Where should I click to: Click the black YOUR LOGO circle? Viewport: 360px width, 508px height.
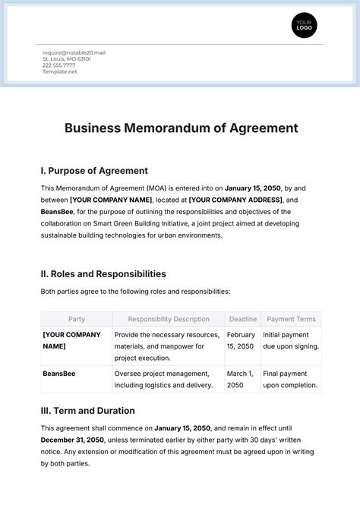tap(304, 26)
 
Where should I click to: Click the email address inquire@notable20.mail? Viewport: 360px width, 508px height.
tap(74, 52)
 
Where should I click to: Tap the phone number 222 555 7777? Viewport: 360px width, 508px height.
tap(58, 65)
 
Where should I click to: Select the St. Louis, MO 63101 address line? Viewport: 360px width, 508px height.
tap(67, 58)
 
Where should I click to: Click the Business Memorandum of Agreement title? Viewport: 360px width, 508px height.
tap(181, 128)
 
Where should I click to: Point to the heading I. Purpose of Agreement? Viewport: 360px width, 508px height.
tap(94, 171)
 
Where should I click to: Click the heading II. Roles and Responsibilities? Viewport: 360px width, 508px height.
tap(103, 273)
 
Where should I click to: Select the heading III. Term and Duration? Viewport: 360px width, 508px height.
tap(87, 411)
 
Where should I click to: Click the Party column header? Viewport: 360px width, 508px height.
tap(77, 319)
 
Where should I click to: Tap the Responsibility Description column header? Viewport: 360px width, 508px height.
tap(169, 319)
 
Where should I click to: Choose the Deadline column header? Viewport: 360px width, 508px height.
tap(242, 319)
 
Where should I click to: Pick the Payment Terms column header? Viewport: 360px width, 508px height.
tap(291, 319)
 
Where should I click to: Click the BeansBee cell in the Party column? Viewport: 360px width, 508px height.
tap(59, 374)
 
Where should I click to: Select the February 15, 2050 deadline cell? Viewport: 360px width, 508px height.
tap(242, 340)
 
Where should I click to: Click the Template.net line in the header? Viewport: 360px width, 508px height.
tap(60, 71)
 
